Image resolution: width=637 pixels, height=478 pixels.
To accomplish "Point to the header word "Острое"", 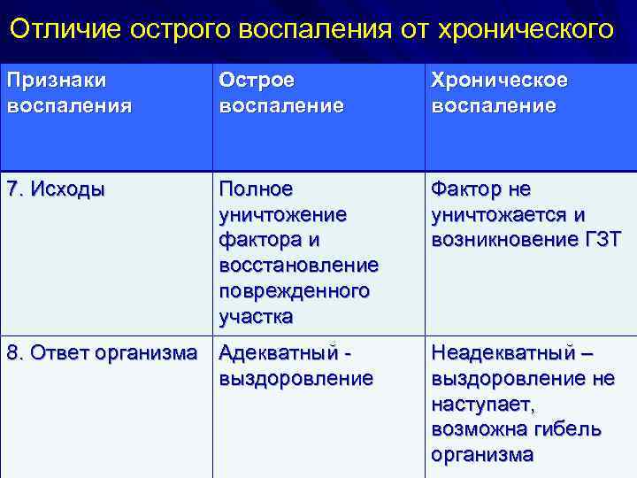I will tap(257, 81).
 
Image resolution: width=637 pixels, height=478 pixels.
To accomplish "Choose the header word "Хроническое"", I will tap(500, 81).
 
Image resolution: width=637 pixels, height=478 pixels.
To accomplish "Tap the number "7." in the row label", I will tap(16, 190).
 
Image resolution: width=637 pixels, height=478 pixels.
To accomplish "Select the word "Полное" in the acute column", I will tap(255, 190).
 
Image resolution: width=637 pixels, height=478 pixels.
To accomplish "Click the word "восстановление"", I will tap(298, 266).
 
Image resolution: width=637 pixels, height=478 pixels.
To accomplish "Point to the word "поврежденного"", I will tap(294, 291).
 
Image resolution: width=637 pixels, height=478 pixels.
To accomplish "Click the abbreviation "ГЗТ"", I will tap(601, 241).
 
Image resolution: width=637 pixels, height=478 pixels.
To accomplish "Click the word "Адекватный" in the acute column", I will tap(278, 353).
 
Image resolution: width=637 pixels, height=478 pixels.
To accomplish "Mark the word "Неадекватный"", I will tap(501, 353).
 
